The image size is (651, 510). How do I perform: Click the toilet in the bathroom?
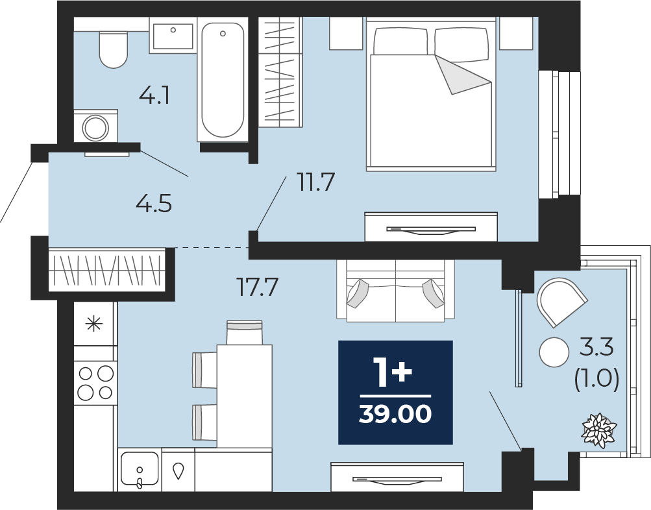click(113, 50)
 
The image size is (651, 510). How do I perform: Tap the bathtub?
click(223, 79)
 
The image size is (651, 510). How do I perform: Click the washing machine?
click(96, 126)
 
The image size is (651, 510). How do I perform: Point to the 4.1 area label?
click(154, 97)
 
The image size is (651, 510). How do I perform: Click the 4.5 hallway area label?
click(154, 204)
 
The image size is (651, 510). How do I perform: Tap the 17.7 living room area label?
click(257, 287)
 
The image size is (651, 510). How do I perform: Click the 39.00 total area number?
click(395, 414)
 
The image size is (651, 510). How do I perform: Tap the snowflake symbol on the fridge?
click(94, 324)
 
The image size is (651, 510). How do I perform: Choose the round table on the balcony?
click(554, 352)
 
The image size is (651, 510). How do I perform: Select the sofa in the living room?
click(395, 291)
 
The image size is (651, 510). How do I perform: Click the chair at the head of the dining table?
click(245, 332)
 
